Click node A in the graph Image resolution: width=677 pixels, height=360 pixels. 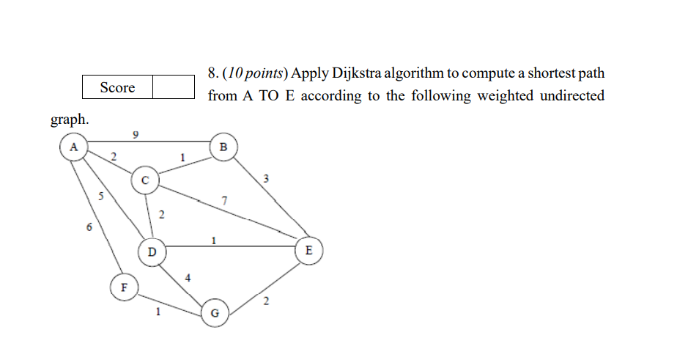(73, 147)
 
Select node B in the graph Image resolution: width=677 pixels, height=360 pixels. (223, 147)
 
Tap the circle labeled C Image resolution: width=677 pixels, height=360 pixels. (145, 180)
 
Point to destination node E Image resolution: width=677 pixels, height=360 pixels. (308, 251)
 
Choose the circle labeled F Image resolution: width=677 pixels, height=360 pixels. (124, 287)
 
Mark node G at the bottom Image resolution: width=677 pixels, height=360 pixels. (214, 313)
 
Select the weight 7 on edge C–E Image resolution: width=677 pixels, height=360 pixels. (224, 201)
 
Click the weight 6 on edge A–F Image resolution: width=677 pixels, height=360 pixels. (89, 227)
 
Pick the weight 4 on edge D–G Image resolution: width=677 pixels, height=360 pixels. (188, 278)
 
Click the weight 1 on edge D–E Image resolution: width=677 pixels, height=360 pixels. (213, 240)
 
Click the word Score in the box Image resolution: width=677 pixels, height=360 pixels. (117, 87)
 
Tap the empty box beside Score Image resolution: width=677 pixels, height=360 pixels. (174, 87)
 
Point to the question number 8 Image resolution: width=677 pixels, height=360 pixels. (212, 74)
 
